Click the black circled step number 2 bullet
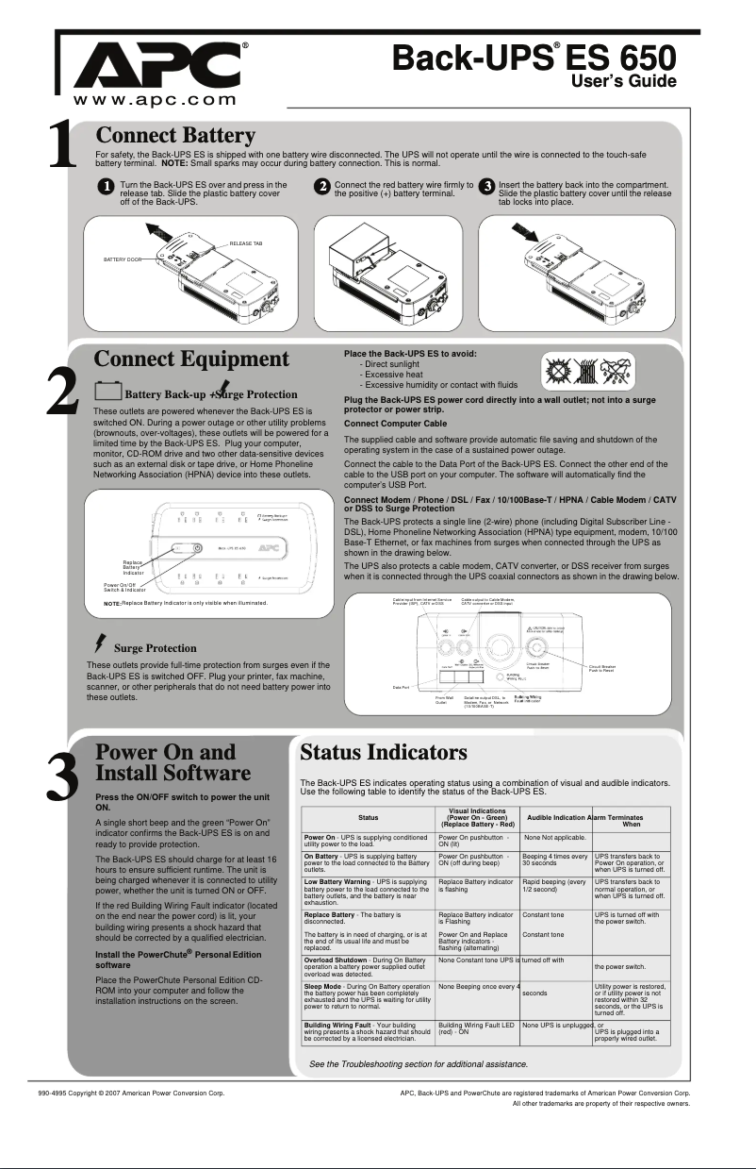click(322, 186)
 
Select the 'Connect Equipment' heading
click(191, 359)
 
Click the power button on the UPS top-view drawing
click(198, 547)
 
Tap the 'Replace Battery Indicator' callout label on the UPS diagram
click(133, 567)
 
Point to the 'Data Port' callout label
click(402, 714)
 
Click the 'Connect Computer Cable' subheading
click(395, 424)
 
